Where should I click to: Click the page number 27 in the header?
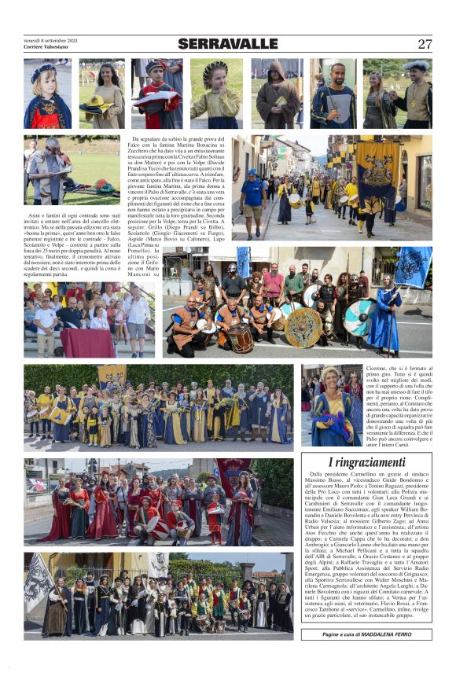pos(425,44)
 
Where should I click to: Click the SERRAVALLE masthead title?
pos(227,44)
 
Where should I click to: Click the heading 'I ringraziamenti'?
pos(366,463)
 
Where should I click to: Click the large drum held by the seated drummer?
pos(241,338)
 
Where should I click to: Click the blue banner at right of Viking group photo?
pos(414,266)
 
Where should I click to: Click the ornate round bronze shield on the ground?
pos(303,328)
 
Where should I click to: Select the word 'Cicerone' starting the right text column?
pos(377,369)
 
